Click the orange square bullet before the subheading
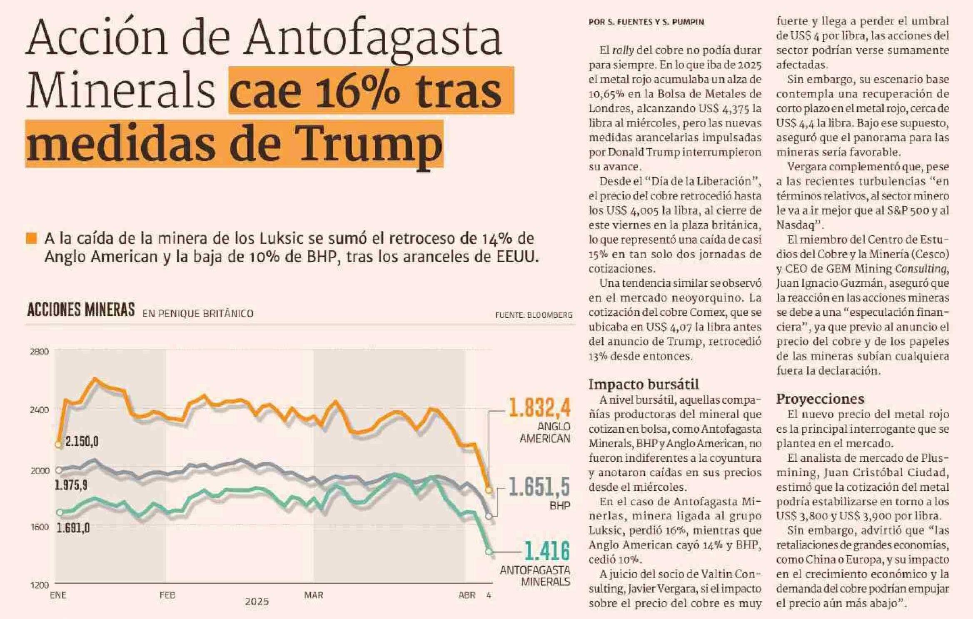click(x=31, y=239)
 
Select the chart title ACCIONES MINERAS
click(x=81, y=310)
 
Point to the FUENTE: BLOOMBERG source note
click(x=534, y=315)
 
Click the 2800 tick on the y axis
click(x=39, y=352)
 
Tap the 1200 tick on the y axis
click(x=39, y=585)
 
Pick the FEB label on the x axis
click(x=167, y=595)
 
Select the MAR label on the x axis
click(x=314, y=595)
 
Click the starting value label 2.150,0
click(x=82, y=442)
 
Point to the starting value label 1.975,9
click(x=71, y=485)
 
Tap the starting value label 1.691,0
click(x=73, y=528)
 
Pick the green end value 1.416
click(x=547, y=551)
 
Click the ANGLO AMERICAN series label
click(x=545, y=432)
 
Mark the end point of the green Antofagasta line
click(x=489, y=552)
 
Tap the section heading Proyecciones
click(x=820, y=399)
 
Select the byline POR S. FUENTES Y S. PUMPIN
click(x=646, y=22)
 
